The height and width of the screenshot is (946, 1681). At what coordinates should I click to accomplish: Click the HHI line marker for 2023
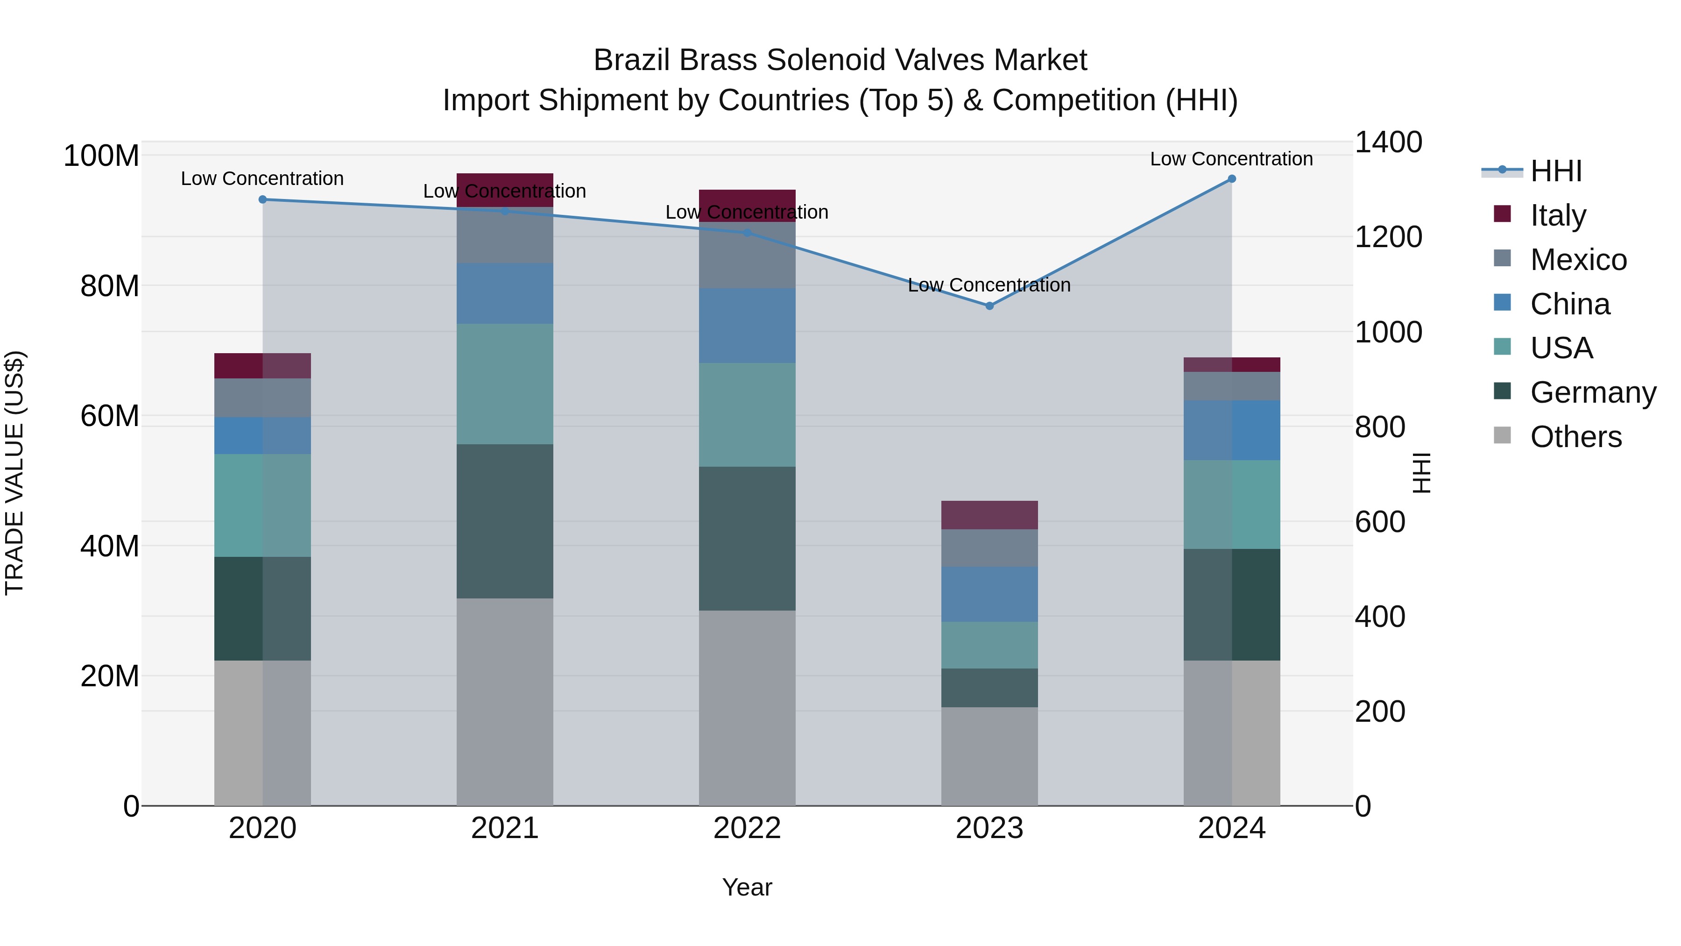989,306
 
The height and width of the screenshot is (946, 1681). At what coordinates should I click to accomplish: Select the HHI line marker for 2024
1231,179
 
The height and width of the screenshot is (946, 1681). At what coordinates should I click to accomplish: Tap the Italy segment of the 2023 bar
989,515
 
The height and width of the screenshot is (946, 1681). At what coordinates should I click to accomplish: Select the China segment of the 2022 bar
747,326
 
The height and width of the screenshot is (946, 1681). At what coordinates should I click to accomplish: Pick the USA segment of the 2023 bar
989,645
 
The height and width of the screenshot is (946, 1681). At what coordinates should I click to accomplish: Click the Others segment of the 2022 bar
747,708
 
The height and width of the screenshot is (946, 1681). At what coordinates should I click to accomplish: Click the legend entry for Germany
1593,392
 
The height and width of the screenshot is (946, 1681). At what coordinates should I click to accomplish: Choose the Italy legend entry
1558,215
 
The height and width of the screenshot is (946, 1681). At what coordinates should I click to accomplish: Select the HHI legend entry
1556,171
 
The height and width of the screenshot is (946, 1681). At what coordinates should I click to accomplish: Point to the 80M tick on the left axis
110,286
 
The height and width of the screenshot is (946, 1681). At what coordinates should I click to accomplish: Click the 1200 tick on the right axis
1389,237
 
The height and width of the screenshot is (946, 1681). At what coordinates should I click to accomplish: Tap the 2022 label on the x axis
747,828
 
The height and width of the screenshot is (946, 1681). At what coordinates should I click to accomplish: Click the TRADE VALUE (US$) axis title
14,473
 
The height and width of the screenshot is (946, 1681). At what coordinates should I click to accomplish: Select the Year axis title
747,887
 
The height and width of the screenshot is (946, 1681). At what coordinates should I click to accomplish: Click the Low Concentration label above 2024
1231,159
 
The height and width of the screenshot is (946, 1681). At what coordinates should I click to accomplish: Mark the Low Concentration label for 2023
989,285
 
